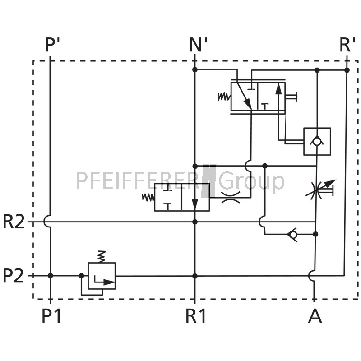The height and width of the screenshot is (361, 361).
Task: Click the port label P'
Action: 52,45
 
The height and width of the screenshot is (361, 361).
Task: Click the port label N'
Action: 198,45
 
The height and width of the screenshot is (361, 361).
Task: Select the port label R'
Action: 347,45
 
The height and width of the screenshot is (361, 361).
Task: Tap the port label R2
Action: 14,222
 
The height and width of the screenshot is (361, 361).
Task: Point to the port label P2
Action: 14,276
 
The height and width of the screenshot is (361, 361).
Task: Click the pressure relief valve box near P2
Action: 102,276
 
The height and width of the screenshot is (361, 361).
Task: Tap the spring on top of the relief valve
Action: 102,256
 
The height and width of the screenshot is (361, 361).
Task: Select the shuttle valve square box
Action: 317,141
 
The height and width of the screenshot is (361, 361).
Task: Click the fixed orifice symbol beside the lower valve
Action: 231,197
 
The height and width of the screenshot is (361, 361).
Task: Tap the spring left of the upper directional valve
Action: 224,97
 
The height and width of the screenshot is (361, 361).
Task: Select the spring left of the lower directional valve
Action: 148,197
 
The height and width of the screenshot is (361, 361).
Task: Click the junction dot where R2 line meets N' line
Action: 195,222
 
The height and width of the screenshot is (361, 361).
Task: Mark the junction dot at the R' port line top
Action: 347,70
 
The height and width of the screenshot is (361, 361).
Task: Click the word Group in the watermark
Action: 251,181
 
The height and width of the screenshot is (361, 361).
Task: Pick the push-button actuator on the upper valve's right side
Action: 291,97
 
